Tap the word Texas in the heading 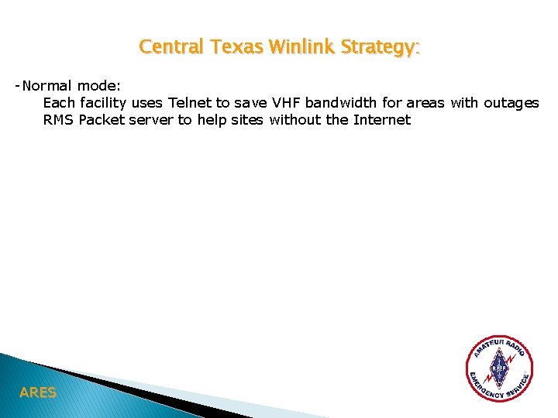click(x=228, y=47)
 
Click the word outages click(x=511, y=102)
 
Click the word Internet click(x=381, y=119)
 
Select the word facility click(x=102, y=102)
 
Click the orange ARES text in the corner click(x=38, y=392)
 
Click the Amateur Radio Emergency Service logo click(x=500, y=368)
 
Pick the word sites click(x=247, y=119)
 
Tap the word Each click(x=59, y=102)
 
